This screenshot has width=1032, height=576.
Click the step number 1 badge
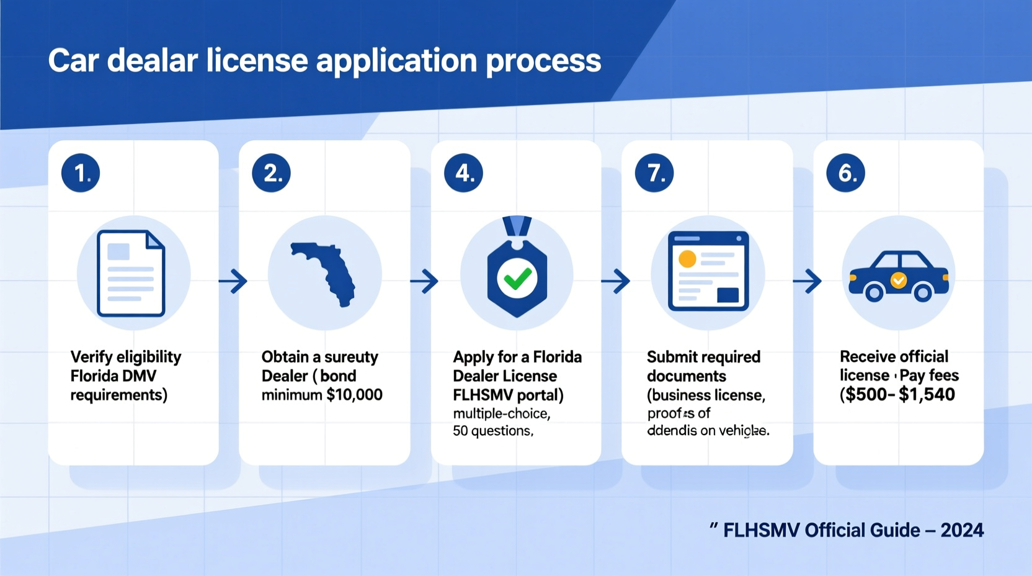click(x=81, y=173)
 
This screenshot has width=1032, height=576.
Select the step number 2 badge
click(x=272, y=173)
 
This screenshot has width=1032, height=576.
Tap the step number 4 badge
click(x=463, y=173)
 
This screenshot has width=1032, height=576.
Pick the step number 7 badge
click(x=654, y=173)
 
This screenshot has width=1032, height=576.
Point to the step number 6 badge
click(x=845, y=173)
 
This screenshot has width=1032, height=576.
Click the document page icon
click(x=131, y=273)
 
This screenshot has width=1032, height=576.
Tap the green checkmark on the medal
click(x=517, y=279)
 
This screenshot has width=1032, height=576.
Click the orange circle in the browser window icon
click(x=687, y=259)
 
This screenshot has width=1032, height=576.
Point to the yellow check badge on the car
click(x=899, y=281)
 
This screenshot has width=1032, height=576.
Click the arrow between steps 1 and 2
click(x=234, y=281)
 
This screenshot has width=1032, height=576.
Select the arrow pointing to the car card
click(x=807, y=281)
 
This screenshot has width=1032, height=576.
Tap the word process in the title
click(x=543, y=61)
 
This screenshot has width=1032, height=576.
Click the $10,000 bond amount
click(x=354, y=395)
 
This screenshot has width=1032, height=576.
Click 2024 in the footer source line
click(x=962, y=530)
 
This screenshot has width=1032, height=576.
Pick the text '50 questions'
click(x=492, y=431)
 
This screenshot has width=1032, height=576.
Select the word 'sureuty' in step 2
click(x=351, y=357)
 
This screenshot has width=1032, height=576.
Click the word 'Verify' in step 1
click(x=91, y=357)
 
